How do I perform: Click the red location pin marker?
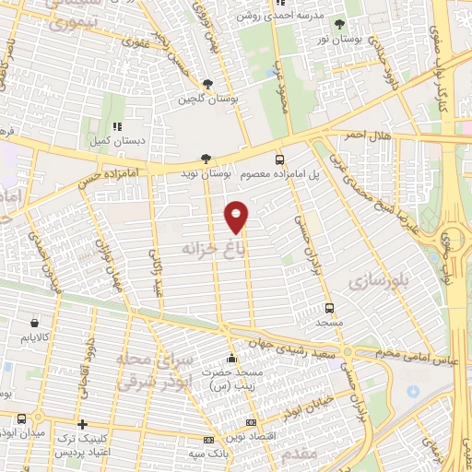tap(237, 216)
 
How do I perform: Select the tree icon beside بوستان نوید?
tap(205, 159)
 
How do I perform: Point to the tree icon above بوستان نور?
tap(339, 24)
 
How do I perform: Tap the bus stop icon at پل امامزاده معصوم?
tap(279, 159)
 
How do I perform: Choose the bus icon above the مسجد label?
tap(329, 308)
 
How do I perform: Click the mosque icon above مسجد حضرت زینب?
tap(231, 359)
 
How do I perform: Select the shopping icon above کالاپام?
tap(35, 324)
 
